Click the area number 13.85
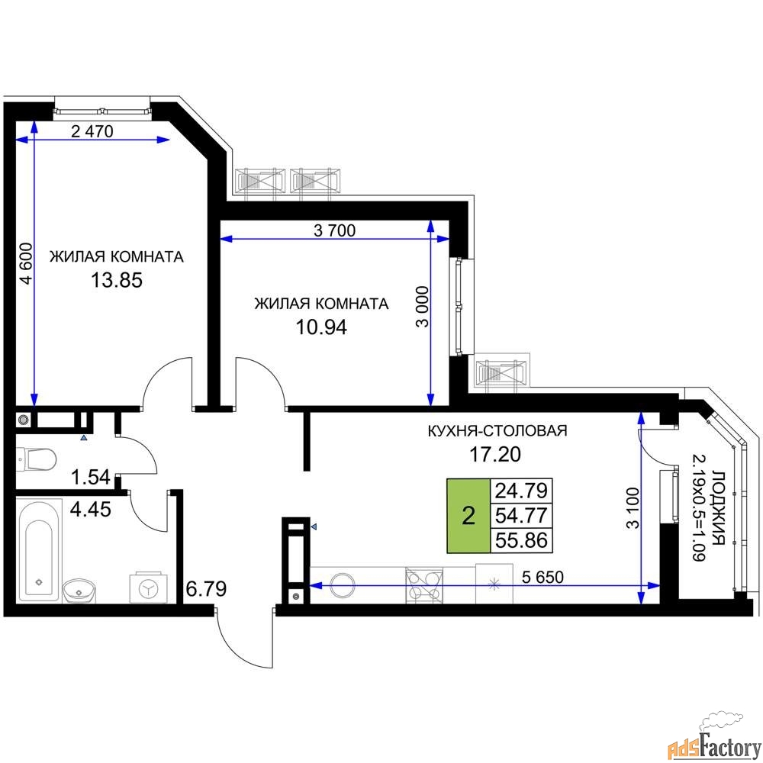point(117,280)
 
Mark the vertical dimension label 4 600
point(27,263)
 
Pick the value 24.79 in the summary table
point(523,489)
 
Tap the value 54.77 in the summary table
point(523,514)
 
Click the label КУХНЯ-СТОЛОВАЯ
point(497,431)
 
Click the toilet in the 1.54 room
point(37,459)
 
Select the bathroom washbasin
point(79,590)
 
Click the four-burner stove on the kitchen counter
point(423,584)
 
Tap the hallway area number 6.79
point(205,590)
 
